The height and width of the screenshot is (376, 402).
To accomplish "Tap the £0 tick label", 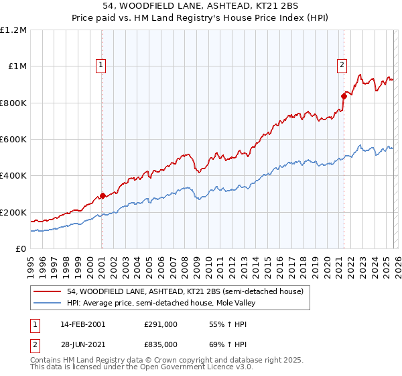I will tap(21, 249).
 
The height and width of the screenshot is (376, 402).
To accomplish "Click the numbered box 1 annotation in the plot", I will tap(100, 65).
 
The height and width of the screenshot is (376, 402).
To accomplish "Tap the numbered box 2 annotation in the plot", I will tap(342, 65).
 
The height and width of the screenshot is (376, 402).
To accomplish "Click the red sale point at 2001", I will tap(103, 196).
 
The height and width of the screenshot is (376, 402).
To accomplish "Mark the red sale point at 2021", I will tap(344, 96).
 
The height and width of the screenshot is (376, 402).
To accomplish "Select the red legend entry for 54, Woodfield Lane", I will tap(185, 291).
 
